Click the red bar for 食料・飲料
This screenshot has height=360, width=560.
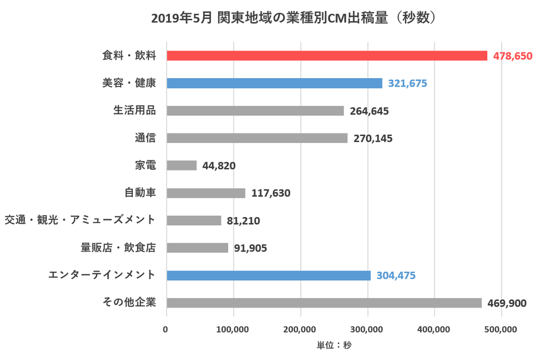(x=326, y=55)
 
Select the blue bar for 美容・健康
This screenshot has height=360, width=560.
(x=274, y=83)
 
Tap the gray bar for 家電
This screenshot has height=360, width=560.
(x=182, y=166)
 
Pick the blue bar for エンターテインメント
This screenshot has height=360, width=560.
(x=268, y=275)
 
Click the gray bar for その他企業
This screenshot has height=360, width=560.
(x=324, y=303)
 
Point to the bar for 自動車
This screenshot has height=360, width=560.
(x=206, y=193)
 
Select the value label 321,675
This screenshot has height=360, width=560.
(x=407, y=83)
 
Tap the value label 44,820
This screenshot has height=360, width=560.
(x=219, y=166)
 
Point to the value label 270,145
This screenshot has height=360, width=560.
(x=373, y=138)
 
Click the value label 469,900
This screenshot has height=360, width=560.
(x=507, y=303)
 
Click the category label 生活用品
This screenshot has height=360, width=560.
(x=135, y=110)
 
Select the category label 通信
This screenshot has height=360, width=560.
(x=145, y=138)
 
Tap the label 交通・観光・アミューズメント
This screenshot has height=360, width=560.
(x=80, y=220)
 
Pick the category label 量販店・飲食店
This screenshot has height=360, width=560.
(x=119, y=247)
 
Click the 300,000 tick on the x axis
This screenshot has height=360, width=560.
(x=368, y=328)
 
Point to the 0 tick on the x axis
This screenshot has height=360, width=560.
(x=167, y=328)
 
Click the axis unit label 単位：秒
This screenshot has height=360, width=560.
(x=334, y=345)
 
